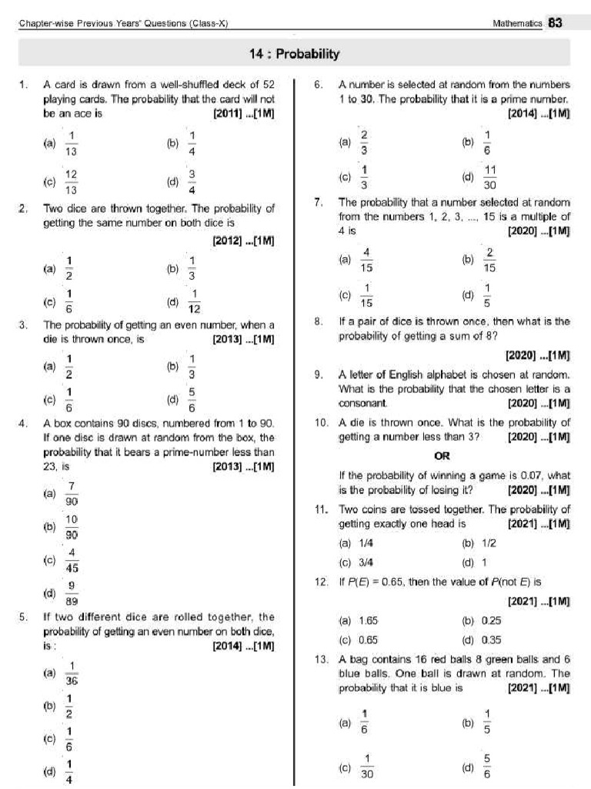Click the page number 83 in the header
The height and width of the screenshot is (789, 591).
coord(556,23)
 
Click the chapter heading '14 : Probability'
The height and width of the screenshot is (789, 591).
coord(294,54)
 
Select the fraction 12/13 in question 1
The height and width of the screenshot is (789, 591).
coord(71,183)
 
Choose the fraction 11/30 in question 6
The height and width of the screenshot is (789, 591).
coord(490,176)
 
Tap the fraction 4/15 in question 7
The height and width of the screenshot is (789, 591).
coord(367,260)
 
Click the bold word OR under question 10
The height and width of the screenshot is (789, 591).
coord(442,455)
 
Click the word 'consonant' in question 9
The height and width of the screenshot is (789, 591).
coord(364,403)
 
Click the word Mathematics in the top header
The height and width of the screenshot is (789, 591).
coord(517,24)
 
